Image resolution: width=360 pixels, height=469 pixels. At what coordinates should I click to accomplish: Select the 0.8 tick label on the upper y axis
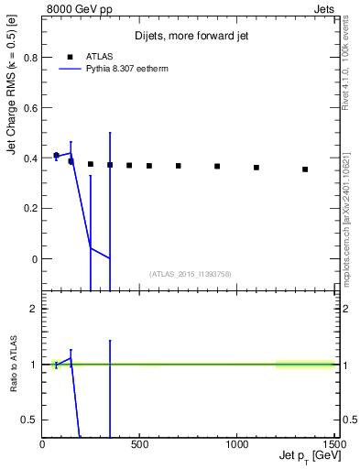[30, 58]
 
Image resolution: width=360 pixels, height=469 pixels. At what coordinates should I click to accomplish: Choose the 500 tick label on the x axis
[140, 445]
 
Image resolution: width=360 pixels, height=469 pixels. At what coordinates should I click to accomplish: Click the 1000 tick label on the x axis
[237, 445]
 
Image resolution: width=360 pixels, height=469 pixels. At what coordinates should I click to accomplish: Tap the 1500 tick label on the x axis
[334, 445]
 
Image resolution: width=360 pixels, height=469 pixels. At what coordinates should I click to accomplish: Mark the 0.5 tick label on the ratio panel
[30, 420]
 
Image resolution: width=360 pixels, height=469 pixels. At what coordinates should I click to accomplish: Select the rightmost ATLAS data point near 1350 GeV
[305, 169]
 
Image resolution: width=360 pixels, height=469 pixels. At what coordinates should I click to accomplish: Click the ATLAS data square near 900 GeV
[217, 166]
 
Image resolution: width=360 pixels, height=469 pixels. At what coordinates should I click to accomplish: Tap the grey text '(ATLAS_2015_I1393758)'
[189, 274]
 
